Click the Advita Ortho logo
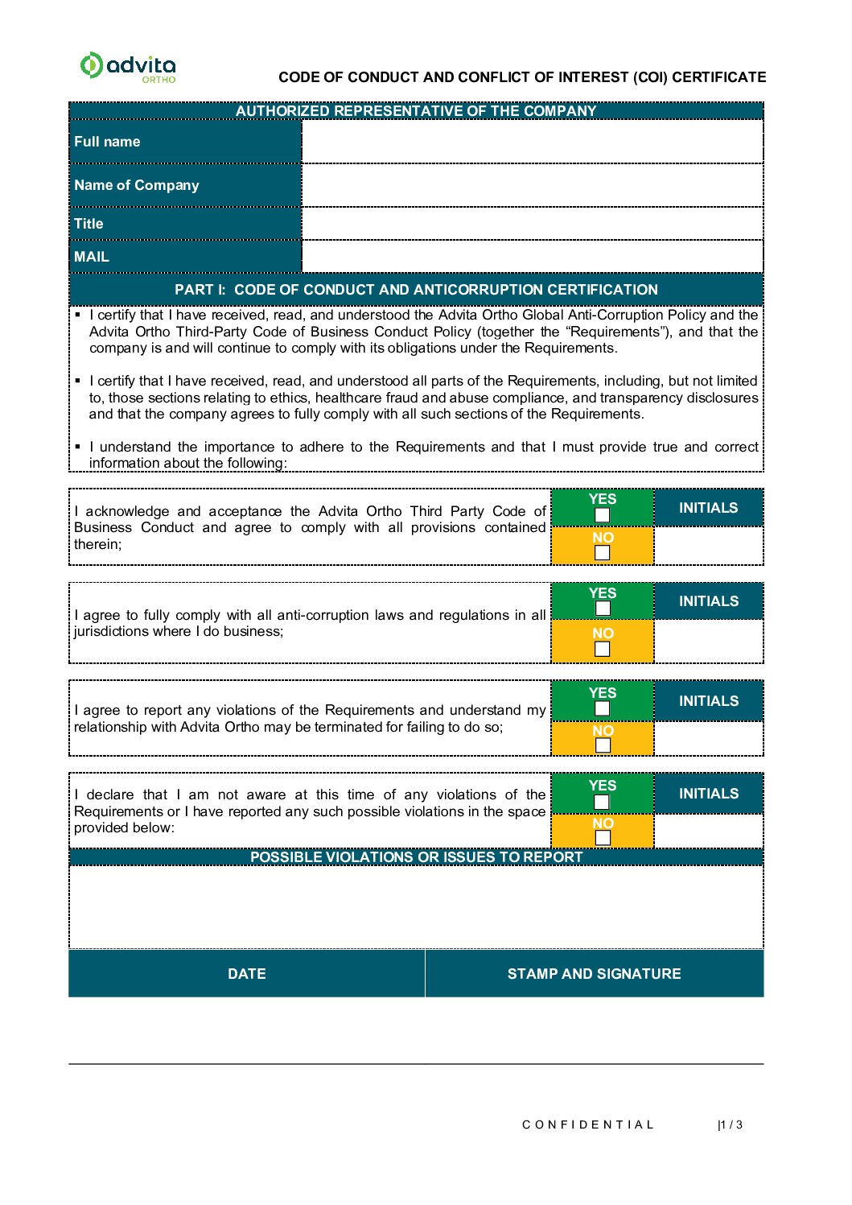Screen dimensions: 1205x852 click(x=128, y=66)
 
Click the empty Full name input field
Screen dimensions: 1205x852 click(x=532, y=142)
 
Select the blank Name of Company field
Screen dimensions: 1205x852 click(x=532, y=185)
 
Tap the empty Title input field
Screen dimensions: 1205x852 click(x=532, y=224)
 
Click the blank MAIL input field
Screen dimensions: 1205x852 click(x=532, y=257)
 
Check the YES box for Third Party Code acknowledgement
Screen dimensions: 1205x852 click(x=602, y=515)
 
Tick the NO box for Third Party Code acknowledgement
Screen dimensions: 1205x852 click(x=602, y=552)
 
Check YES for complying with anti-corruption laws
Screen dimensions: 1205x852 click(x=602, y=609)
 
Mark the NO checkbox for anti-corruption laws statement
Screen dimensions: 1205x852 click(x=602, y=649)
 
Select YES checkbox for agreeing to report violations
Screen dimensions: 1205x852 click(x=602, y=708)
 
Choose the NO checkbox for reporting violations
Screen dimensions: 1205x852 click(x=602, y=745)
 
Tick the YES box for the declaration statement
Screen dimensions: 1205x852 click(x=602, y=802)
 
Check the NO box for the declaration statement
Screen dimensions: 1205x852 click(x=602, y=838)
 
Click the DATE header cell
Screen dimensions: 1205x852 click(x=246, y=974)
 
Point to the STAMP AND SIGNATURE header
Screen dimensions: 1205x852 click(x=594, y=974)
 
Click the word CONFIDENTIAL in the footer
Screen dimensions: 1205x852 click(x=588, y=1125)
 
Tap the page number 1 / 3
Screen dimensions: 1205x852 click(x=731, y=1125)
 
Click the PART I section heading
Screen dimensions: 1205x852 click(x=416, y=290)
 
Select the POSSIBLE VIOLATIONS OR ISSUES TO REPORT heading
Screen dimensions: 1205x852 click(x=416, y=857)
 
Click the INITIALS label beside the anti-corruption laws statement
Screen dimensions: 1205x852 click(x=708, y=601)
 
